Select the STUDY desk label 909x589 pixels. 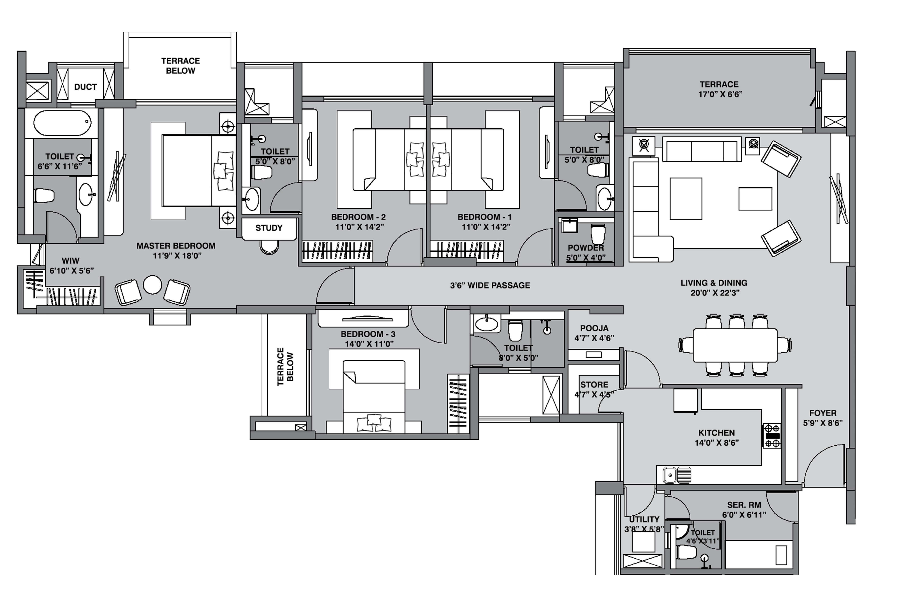point(269,228)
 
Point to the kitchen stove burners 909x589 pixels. point(772,436)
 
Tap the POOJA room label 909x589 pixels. point(594,328)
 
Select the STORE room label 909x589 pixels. point(594,385)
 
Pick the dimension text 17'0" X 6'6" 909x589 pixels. point(720,94)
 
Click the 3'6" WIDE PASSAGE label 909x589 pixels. point(490,285)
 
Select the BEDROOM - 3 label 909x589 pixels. point(368,334)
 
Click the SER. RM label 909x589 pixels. point(744,505)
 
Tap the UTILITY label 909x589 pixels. point(644,519)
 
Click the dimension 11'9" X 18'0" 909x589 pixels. point(177,256)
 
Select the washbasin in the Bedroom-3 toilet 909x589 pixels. point(487,324)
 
